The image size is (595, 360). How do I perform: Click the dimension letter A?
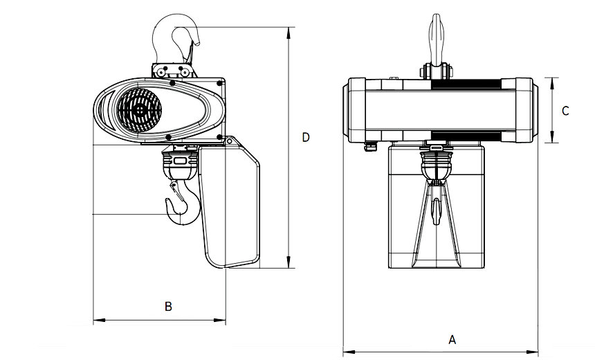pos(452,339)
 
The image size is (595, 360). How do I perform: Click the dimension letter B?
pos(167,305)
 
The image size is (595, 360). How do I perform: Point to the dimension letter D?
pos(306,137)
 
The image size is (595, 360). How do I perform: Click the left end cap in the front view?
pos(356,109)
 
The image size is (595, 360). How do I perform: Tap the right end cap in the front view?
pos(524,109)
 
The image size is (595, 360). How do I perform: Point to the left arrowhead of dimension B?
pos(96,321)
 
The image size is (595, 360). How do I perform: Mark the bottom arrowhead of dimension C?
pos(551,140)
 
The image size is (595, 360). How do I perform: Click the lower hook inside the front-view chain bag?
pos(437,208)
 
